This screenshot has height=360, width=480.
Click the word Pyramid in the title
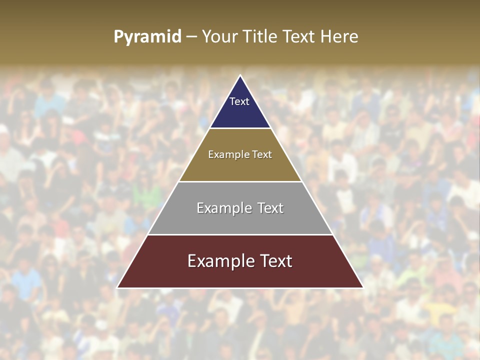coord(147,37)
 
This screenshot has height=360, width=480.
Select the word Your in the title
coord(218,37)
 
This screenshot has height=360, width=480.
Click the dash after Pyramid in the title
coord(191,37)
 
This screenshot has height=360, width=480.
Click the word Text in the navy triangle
coord(239,101)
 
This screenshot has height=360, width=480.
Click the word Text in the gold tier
coord(262,154)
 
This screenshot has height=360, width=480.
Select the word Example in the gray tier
coord(223,208)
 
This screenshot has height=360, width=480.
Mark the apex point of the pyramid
coord(240,75)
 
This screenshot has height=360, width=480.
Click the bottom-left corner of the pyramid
coord(117,287)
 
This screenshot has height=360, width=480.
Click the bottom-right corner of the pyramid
coord(362,287)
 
